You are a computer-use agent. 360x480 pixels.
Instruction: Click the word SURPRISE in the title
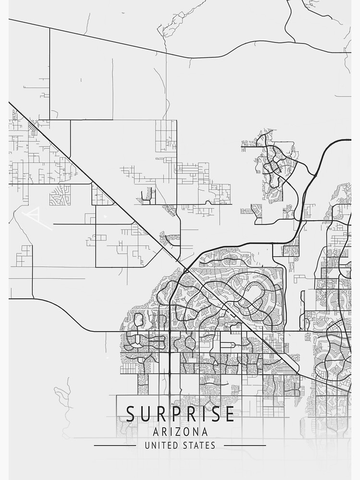[x=180, y=414]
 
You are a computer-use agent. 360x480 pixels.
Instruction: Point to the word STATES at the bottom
[x=199, y=445]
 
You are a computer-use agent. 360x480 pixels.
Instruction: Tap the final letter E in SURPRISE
[x=229, y=414]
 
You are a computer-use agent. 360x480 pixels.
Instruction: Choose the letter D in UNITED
[x=175, y=445]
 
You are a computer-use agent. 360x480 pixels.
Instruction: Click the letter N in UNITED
[x=153, y=445]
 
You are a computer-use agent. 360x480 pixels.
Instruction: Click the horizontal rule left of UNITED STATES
[x=115, y=445]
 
